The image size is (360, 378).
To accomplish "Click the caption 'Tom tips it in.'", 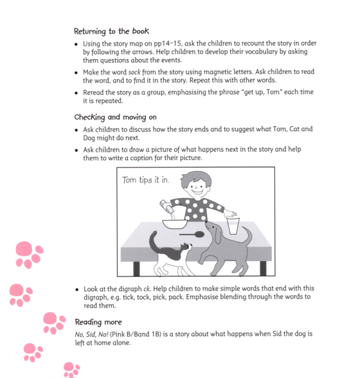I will (146, 180).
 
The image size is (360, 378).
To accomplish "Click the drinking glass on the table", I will (232, 226).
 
